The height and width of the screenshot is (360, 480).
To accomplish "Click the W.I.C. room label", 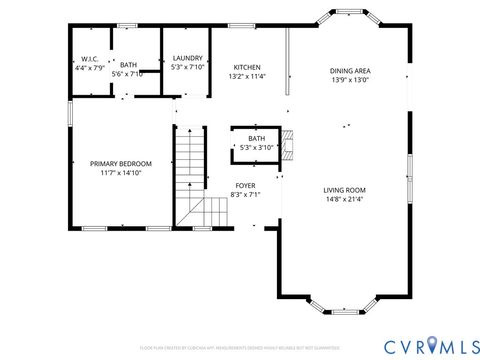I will pos(88,59).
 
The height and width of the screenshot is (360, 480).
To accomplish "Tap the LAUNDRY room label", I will pos(188,59).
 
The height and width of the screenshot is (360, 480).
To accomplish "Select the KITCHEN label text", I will pos(247,68).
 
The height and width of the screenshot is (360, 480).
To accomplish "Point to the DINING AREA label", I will pos(350,71).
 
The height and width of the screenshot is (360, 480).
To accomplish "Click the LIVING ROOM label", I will pos(344,190).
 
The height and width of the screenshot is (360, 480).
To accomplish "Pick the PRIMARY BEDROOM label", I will pos(121,163).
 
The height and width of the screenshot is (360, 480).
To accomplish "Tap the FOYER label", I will pos(245,186).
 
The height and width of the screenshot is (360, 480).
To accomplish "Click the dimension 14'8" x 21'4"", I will pos(344,199).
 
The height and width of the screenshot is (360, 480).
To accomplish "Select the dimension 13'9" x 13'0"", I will pos(350,80).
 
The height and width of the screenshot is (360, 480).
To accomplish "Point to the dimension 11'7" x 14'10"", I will pos(121,173).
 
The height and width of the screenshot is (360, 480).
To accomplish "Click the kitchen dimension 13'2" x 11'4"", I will pos(247,76).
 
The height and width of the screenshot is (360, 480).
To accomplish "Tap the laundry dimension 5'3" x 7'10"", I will pos(188,68).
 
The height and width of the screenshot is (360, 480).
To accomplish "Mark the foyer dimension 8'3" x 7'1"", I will pos(245,195).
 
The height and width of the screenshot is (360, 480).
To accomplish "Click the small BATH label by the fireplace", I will pos(257,139).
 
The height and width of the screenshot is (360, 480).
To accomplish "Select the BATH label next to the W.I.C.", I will pos(129,65).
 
